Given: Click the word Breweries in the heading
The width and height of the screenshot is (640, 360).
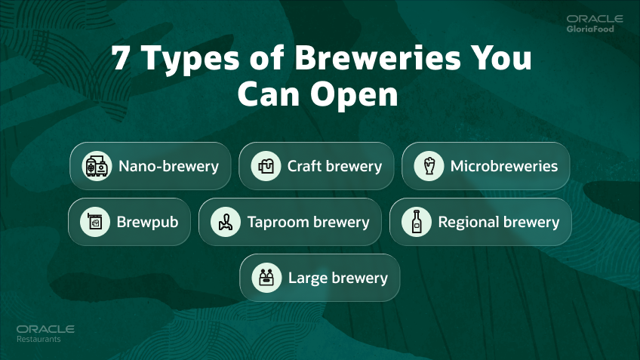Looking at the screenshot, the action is pyautogui.click(x=377, y=57).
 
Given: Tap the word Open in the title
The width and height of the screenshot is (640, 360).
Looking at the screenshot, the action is pyautogui.click(x=354, y=95).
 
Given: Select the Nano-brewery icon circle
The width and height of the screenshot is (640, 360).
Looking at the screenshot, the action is pyautogui.click(x=97, y=166).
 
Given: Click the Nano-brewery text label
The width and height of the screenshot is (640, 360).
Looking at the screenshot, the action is pyautogui.click(x=168, y=166).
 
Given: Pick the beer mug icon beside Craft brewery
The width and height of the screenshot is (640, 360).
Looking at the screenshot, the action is pyautogui.click(x=266, y=166).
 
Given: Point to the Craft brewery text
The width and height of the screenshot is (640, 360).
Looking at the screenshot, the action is pyautogui.click(x=334, y=166).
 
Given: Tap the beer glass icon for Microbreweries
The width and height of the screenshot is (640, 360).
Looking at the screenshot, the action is pyautogui.click(x=429, y=166).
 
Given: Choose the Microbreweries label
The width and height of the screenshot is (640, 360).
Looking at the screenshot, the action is pyautogui.click(x=504, y=166).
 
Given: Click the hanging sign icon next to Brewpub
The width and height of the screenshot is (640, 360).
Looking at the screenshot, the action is pyautogui.click(x=95, y=222).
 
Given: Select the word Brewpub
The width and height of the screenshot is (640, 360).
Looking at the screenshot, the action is pyautogui.click(x=147, y=223).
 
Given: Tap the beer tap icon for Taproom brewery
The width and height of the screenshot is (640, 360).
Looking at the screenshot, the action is pyautogui.click(x=226, y=222).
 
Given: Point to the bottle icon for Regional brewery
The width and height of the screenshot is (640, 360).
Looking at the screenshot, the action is pyautogui.click(x=417, y=222).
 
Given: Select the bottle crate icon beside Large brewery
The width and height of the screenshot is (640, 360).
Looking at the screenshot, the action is pyautogui.click(x=266, y=278).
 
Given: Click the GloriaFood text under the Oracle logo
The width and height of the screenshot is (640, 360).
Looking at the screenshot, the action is pyautogui.click(x=590, y=29).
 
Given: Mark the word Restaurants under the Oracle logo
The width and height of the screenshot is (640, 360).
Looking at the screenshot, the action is pyautogui.click(x=38, y=339).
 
